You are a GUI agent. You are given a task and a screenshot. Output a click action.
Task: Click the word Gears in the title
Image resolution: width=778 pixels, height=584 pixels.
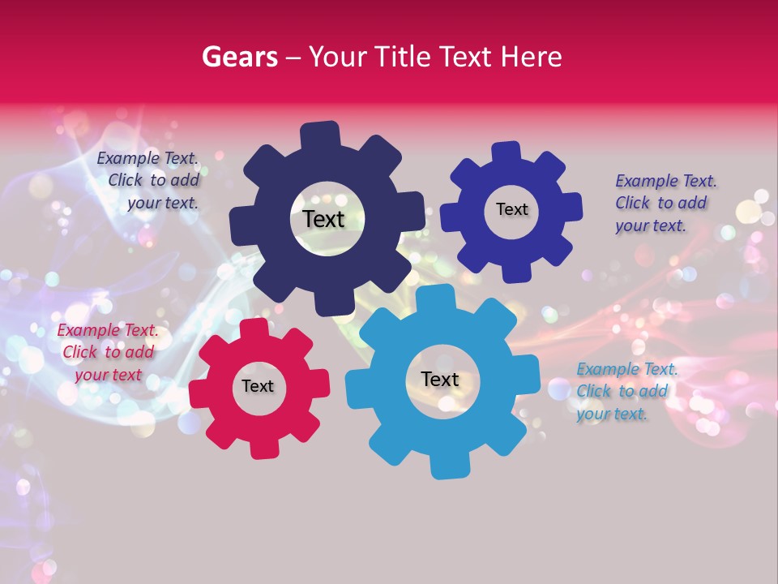tap(239, 57)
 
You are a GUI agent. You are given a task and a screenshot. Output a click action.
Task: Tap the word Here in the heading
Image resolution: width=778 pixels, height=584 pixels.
tap(531, 57)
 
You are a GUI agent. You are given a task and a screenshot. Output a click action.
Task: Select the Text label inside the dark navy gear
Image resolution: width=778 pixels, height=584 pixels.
tap(323, 219)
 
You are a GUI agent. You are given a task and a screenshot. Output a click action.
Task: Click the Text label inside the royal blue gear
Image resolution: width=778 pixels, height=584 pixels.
tap(511, 209)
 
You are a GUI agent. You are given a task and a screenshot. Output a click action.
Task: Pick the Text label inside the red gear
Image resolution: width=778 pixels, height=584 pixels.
tap(257, 386)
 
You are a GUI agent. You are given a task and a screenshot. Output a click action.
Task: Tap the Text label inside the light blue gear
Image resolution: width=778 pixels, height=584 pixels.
tap(439, 379)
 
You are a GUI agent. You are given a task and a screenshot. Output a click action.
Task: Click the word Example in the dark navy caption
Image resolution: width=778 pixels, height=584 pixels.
tap(127, 158)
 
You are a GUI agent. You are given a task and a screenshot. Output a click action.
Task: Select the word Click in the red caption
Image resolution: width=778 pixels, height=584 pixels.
tap(79, 353)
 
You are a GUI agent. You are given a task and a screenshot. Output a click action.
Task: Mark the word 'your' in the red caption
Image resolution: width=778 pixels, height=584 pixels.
tap(92, 375)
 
